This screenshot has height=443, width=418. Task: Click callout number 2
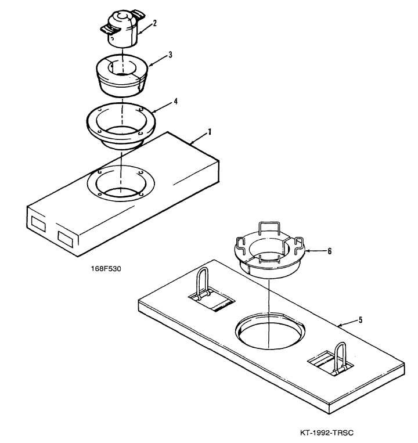click(x=154, y=23)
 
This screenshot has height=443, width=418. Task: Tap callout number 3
click(x=170, y=55)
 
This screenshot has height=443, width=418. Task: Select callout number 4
click(x=175, y=102)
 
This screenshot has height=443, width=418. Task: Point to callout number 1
click(x=209, y=132)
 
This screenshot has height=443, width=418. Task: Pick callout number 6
click(x=329, y=251)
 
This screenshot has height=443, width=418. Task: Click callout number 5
click(x=361, y=320)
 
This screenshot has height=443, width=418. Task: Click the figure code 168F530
click(x=106, y=269)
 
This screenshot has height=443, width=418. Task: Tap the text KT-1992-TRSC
click(x=326, y=433)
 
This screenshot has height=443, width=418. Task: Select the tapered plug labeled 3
click(x=122, y=75)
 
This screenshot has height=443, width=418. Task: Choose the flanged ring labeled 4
click(x=121, y=126)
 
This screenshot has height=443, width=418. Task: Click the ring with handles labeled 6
click(x=270, y=251)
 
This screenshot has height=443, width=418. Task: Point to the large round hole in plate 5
click(x=271, y=331)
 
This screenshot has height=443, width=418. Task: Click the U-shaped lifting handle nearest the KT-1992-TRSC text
click(x=340, y=358)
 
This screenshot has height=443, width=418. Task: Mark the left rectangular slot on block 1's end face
click(x=38, y=224)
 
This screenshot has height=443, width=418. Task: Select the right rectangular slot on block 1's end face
click(x=66, y=239)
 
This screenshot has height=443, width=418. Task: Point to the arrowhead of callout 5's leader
click(x=340, y=326)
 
